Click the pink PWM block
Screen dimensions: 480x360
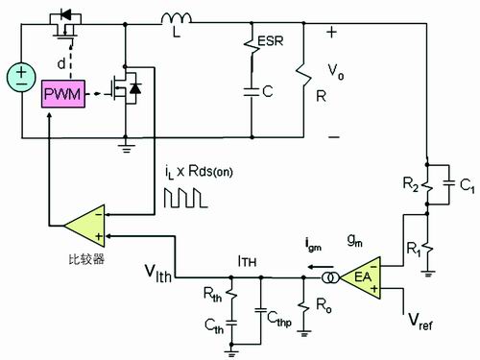63,94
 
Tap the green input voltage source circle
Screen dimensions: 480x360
21,78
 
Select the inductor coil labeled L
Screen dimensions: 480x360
177,18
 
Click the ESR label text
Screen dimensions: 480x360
271,41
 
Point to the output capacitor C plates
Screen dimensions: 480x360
252,92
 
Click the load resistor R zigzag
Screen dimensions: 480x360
303,75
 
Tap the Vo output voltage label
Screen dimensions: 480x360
336,72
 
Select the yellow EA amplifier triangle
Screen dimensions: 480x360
360,277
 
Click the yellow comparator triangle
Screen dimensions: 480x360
84,226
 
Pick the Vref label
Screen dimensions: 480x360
420,322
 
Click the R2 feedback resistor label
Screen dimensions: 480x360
410,184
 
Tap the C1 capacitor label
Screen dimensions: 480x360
467,185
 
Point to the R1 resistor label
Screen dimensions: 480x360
414,249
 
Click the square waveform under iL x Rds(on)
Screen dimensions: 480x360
186,198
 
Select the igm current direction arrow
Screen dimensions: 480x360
321,267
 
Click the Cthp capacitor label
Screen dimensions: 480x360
279,319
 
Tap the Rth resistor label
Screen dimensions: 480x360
212,295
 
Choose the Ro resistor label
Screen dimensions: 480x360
324,305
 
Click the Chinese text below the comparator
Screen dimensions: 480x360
86,259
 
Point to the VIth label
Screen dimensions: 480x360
158,274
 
